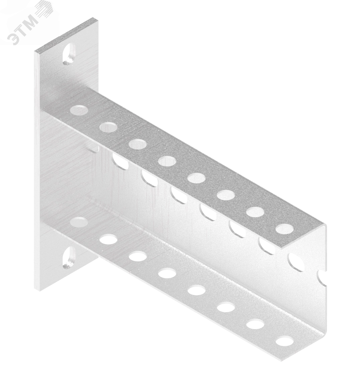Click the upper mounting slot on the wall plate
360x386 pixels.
(x=69, y=54)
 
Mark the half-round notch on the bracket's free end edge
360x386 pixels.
(x=322, y=278)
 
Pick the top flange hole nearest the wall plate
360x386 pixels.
(x=79, y=110)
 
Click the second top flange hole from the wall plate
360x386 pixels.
(x=109, y=127)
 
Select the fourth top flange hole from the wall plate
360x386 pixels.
(x=167, y=161)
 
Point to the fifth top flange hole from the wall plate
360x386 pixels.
(x=197, y=178)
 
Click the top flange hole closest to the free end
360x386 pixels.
(x=285, y=229)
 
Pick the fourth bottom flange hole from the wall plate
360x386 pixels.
(x=167, y=273)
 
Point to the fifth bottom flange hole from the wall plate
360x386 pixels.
(x=197, y=290)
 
